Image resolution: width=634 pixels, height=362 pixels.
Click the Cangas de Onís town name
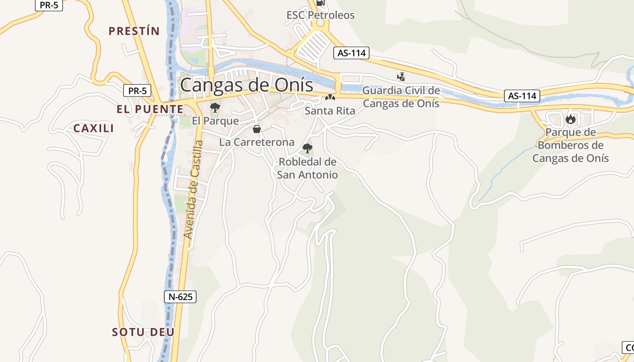pos(247,85)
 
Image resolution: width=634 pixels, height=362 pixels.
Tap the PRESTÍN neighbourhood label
pos(134,31)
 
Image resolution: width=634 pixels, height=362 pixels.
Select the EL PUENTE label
pos(150,109)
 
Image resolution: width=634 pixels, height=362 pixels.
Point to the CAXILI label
pos(94,129)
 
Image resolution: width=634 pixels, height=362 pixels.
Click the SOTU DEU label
pos(143,332)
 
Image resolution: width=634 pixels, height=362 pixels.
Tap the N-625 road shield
pos(180,297)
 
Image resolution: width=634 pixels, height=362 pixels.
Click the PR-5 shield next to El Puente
pos(137,90)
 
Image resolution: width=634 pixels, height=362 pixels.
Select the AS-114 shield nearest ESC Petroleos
pos(351,53)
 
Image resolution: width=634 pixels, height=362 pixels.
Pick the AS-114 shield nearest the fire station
pos(522,96)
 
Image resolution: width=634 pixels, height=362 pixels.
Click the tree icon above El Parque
pos(215,108)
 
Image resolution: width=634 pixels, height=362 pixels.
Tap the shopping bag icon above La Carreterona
pos(257,129)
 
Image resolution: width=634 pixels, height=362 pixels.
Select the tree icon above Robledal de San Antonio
pos(307,148)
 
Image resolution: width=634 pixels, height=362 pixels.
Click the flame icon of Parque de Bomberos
pos(570,119)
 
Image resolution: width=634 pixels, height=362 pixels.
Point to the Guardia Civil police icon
pos(401,77)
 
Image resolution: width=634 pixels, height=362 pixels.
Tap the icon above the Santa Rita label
pos(330,97)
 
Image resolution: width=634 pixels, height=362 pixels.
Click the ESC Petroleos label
pos(321,15)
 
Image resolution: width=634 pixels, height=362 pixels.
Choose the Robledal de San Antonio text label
pos(307,168)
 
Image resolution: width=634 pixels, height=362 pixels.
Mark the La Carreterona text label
pos(257,142)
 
